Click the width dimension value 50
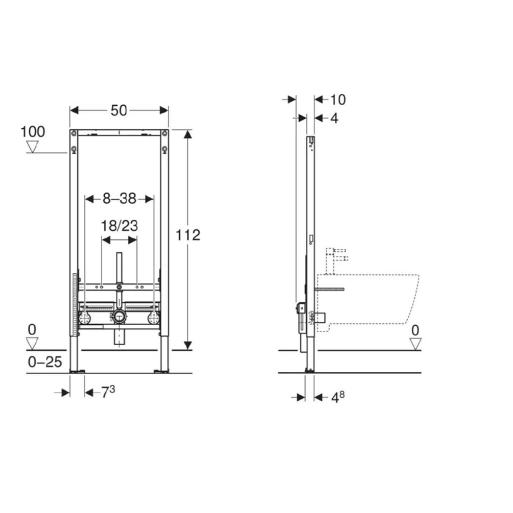pyautogui.click(x=119, y=109)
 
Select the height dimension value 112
pyautogui.click(x=188, y=235)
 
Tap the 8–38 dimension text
pyautogui.click(x=120, y=199)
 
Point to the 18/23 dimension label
pyautogui.click(x=119, y=225)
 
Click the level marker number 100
pyautogui.click(x=33, y=131)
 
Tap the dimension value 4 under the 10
pyautogui.click(x=334, y=118)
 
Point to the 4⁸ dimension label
pyautogui.click(x=336, y=397)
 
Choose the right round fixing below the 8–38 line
pyautogui.click(x=154, y=317)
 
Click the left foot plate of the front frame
pyautogui.click(x=77, y=372)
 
